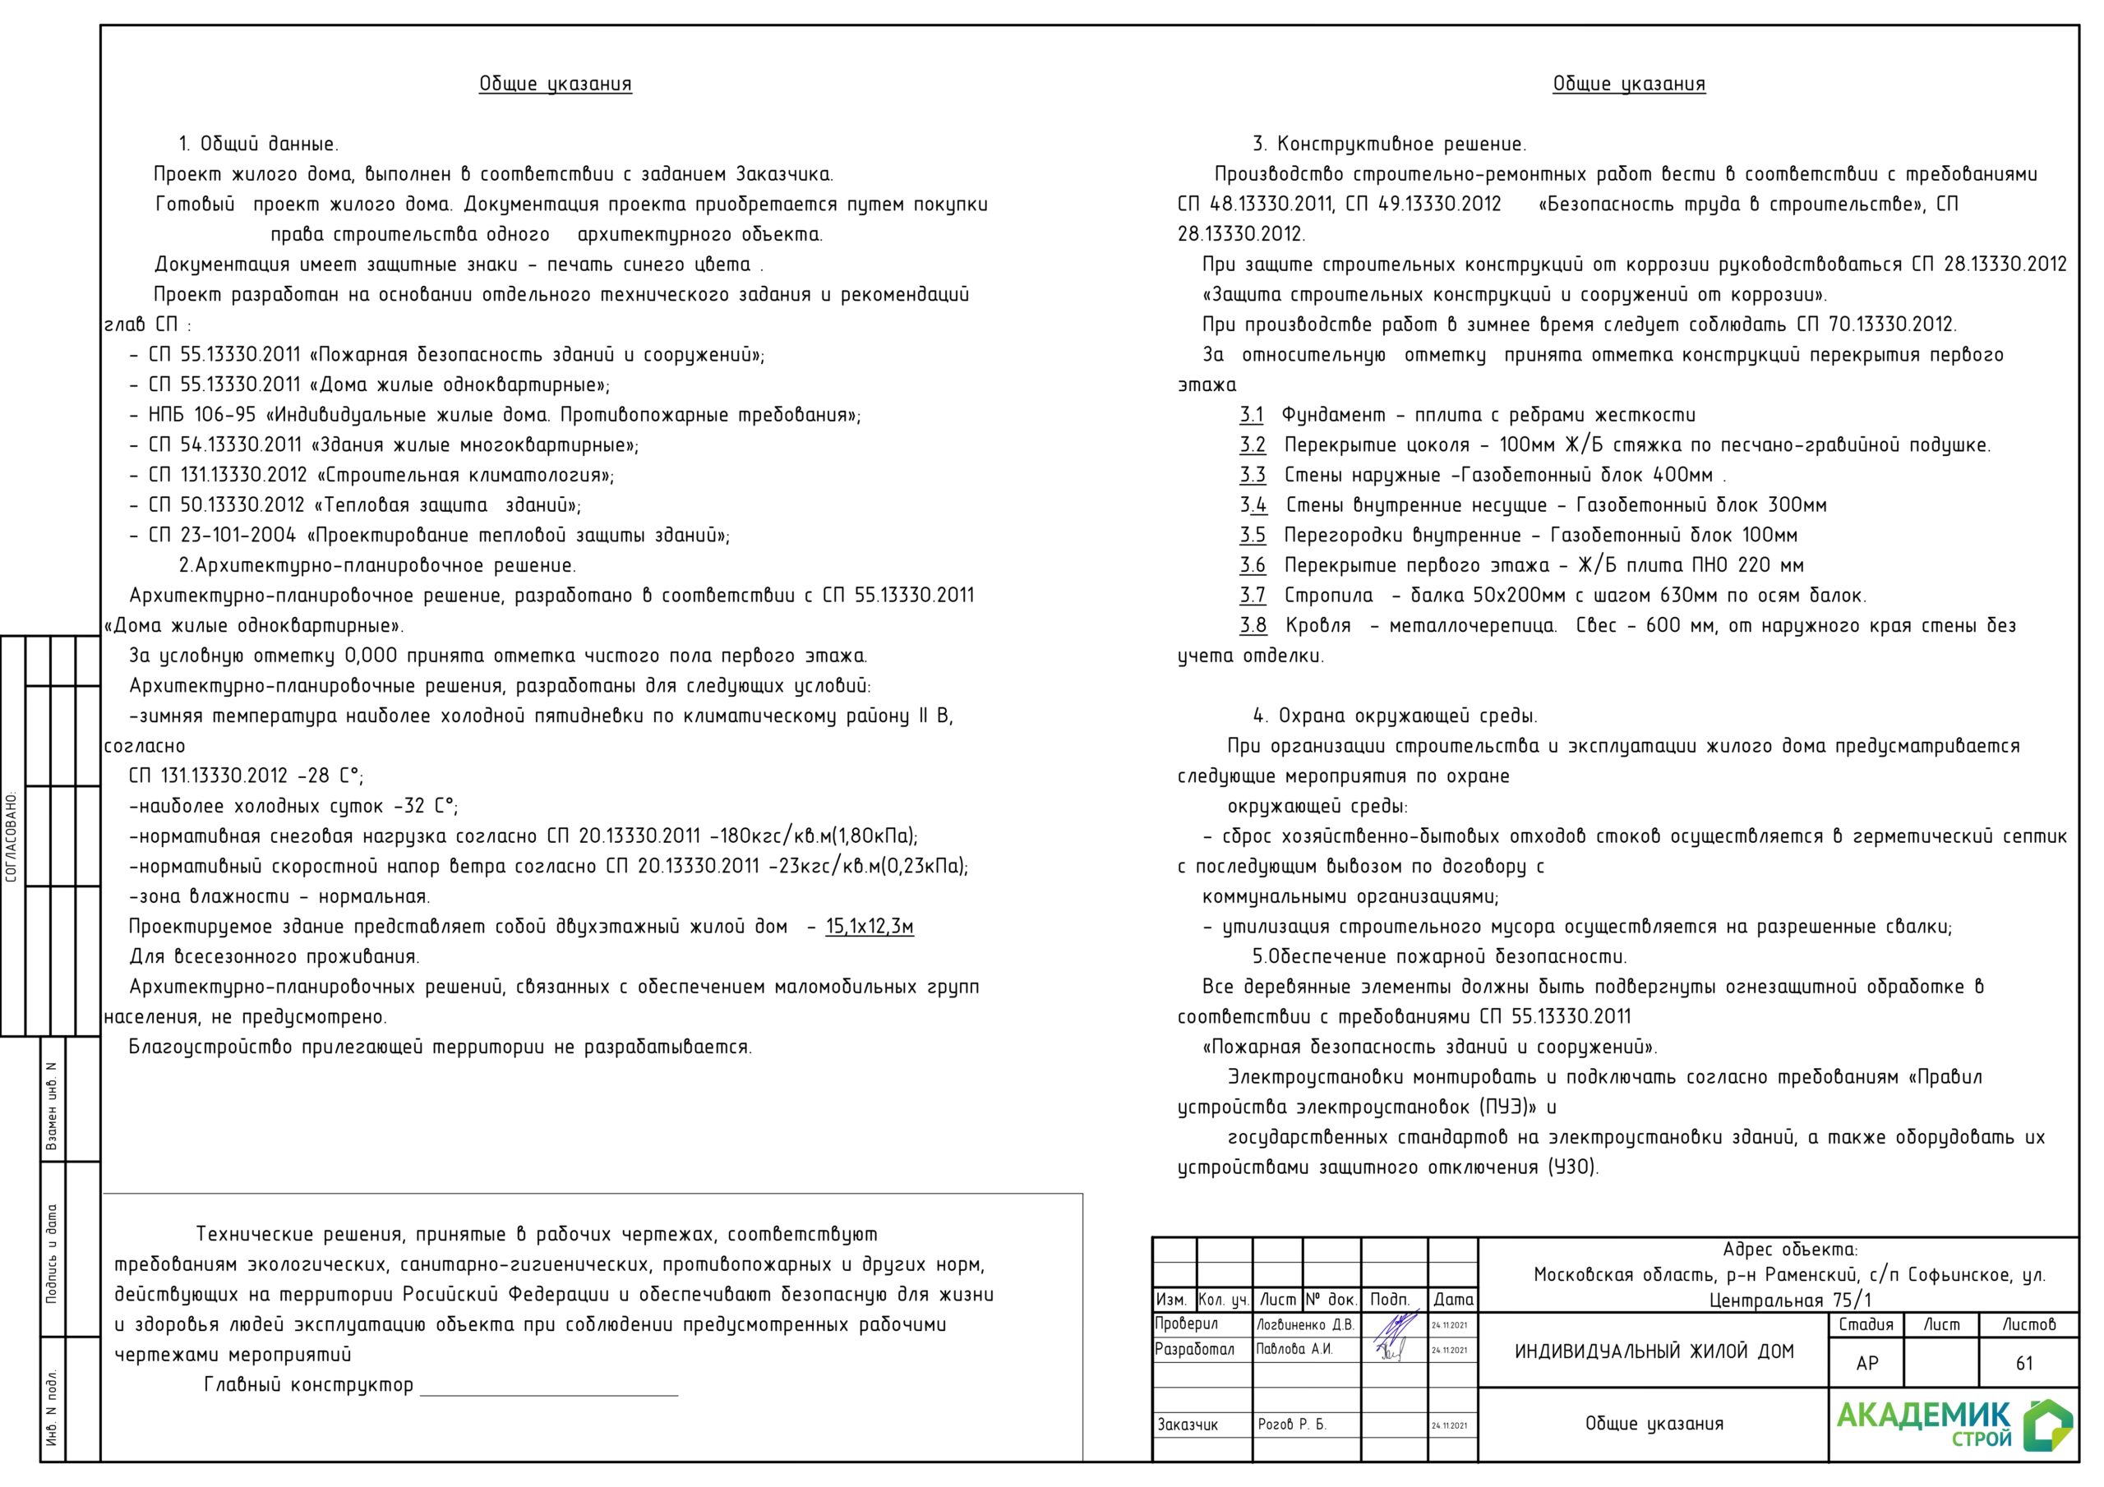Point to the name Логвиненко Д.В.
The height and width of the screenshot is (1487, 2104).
pyautogui.click(x=1304, y=1325)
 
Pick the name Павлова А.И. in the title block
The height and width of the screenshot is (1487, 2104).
pyautogui.click(x=1294, y=1350)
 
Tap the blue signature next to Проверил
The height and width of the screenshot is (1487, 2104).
pyautogui.click(x=1394, y=1326)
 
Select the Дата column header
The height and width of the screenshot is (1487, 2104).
pyautogui.click(x=1452, y=1299)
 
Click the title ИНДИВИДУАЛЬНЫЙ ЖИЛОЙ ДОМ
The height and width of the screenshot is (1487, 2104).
pyautogui.click(x=1653, y=1351)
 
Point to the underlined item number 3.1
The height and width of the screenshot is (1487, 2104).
pyautogui.click(x=1251, y=415)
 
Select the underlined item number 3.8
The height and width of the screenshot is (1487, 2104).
pyautogui.click(x=1253, y=626)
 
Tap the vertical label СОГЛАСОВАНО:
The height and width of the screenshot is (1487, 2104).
pyautogui.click(x=12, y=836)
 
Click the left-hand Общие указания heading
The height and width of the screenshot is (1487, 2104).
pyautogui.click(x=555, y=85)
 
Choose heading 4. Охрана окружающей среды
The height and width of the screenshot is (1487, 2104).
pyautogui.click(x=1395, y=716)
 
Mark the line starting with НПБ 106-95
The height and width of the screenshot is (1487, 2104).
pyautogui.click(x=495, y=415)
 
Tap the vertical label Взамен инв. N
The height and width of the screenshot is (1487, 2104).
pyautogui.click(x=53, y=1106)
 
